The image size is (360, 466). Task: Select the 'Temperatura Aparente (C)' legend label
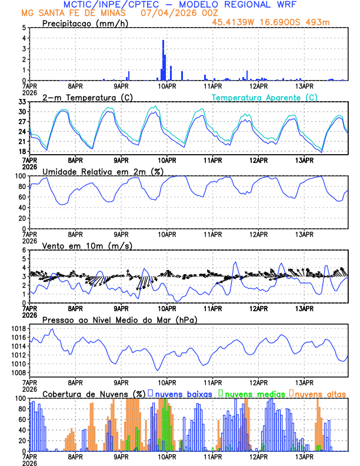pyautogui.click(x=265, y=97)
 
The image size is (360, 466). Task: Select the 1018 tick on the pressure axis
pyautogui.click(x=18, y=328)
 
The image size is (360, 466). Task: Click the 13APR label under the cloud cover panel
pyautogui.click(x=304, y=457)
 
